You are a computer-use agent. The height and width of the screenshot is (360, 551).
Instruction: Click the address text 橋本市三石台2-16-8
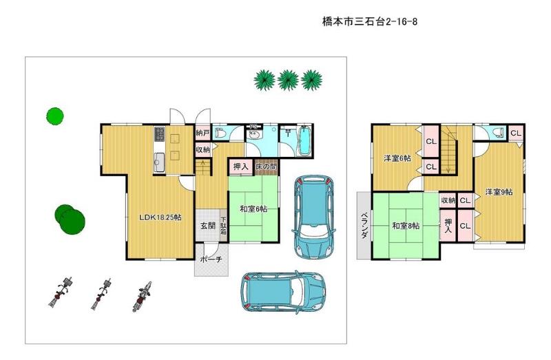370,22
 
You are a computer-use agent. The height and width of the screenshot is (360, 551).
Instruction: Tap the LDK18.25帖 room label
160,218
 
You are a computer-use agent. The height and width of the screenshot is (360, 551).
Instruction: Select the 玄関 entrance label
208,226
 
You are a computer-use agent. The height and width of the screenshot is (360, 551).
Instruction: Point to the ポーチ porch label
211,260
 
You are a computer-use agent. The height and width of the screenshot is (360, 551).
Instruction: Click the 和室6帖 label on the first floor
253,209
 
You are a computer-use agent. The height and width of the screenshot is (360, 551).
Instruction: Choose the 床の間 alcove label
267,167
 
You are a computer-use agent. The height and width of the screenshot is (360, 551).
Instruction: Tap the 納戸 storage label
202,134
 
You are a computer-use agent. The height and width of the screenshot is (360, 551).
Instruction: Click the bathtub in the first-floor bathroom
304,140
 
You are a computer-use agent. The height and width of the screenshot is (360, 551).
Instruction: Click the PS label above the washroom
253,127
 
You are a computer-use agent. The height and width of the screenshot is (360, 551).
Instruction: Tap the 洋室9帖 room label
499,192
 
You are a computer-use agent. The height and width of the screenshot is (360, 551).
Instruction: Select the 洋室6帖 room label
397,158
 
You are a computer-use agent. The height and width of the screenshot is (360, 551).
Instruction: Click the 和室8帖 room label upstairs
406,226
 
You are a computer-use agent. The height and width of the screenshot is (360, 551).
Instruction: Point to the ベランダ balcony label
364,226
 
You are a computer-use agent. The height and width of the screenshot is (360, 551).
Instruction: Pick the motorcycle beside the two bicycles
143,297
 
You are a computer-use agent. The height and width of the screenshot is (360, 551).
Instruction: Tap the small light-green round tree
55,116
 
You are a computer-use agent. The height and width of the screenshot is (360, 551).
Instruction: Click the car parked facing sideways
283,292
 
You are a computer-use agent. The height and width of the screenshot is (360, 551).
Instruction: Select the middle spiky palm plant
288,80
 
